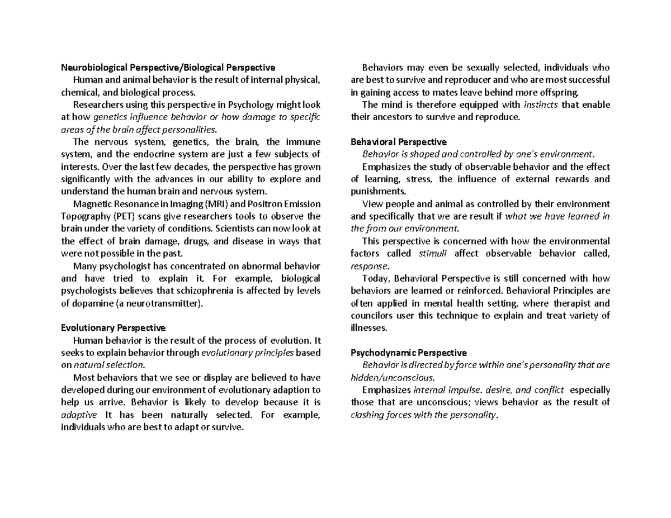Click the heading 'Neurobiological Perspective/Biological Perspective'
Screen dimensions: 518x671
168,68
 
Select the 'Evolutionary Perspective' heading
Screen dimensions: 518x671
113,327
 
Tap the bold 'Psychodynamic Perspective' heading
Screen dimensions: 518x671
408,353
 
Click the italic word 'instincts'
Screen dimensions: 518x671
541,104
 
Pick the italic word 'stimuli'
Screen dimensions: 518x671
433,254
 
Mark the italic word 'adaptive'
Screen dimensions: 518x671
78,415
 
